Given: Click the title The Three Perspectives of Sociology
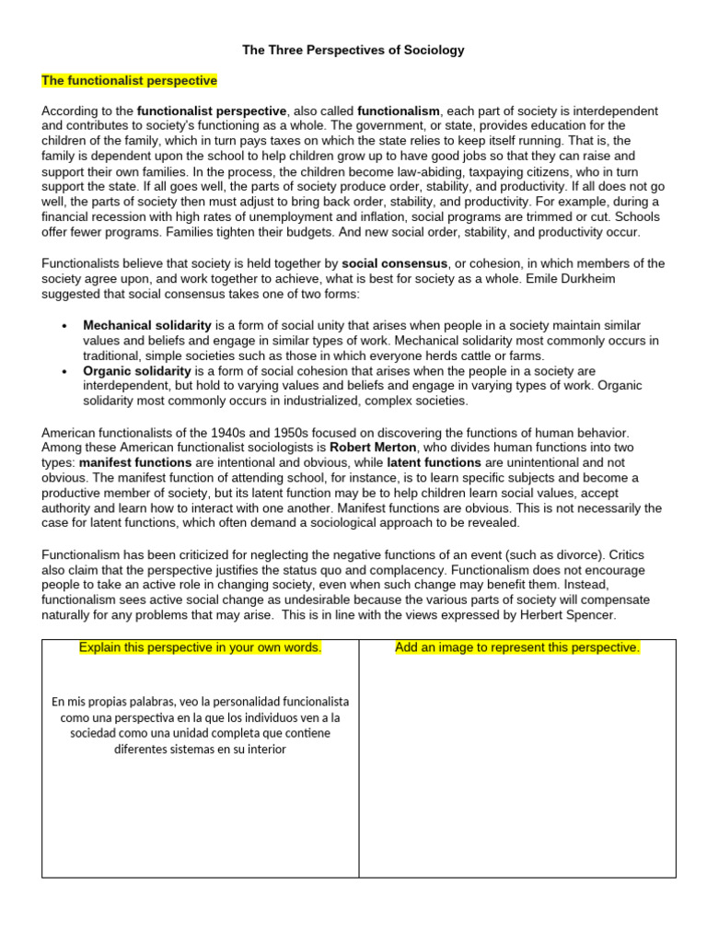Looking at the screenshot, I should pyautogui.click(x=353, y=51).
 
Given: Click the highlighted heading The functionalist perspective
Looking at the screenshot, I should pyautogui.click(x=129, y=81).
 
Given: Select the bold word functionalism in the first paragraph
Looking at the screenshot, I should pyautogui.click(x=398, y=111).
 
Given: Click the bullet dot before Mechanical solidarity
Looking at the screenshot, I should pyautogui.click(x=64, y=327).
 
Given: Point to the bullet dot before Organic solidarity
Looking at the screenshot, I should pyautogui.click(x=64, y=372).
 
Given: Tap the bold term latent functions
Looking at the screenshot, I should pyautogui.click(x=434, y=462).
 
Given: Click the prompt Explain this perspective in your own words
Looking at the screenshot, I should pyautogui.click(x=201, y=647).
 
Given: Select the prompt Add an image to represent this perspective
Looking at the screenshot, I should pyautogui.click(x=517, y=647).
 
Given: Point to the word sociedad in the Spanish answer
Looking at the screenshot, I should pyautogui.click(x=96, y=733).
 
